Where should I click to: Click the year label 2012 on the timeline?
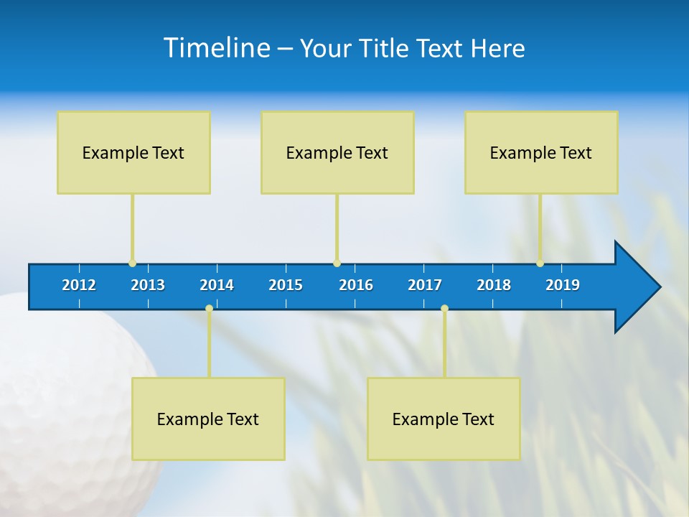[x=79, y=285]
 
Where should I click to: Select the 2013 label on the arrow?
[x=148, y=285]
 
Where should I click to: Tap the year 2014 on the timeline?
[x=217, y=285]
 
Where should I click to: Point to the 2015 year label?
[x=286, y=285]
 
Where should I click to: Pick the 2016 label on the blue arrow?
[x=356, y=285]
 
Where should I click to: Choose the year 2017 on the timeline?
[x=425, y=285]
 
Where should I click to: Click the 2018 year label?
[x=494, y=285]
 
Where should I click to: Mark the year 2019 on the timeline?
[x=563, y=285]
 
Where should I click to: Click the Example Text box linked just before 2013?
[x=133, y=152]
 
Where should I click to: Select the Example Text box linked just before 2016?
[x=337, y=152]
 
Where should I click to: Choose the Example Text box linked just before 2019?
[x=541, y=152]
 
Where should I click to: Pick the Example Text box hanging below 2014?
[x=208, y=419]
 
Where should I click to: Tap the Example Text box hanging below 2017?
[x=444, y=419]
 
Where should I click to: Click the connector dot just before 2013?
[x=132, y=264]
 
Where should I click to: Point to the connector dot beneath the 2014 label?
[x=209, y=308]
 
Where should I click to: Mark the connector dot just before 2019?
[x=540, y=264]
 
